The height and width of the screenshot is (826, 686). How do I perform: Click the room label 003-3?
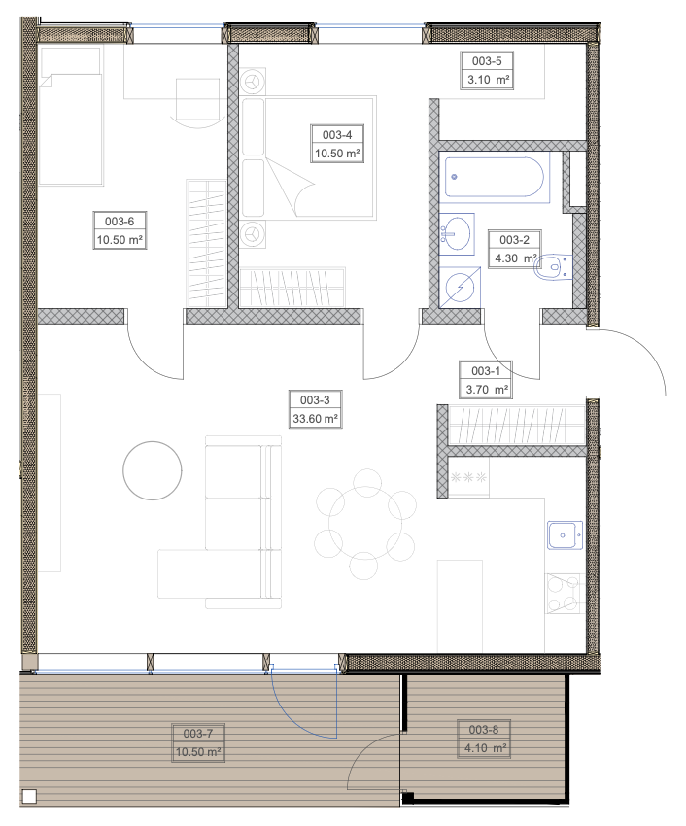(x=315, y=400)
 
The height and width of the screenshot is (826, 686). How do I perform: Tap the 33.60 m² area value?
(x=315, y=419)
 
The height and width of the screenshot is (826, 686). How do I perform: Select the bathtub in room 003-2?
(x=494, y=177)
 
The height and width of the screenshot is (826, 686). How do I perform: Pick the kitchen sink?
(x=565, y=535)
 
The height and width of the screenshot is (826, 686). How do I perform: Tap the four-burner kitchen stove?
(x=565, y=594)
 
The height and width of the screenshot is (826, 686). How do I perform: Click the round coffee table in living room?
(x=153, y=470)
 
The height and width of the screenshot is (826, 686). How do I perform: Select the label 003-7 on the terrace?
(x=197, y=734)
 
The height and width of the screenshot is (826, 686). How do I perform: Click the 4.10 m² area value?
(x=485, y=748)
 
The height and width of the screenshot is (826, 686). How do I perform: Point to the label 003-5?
(x=487, y=61)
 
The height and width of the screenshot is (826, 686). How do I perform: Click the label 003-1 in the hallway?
(x=486, y=371)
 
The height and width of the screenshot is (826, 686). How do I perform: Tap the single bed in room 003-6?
(x=70, y=117)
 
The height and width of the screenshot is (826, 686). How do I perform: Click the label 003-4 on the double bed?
(x=337, y=135)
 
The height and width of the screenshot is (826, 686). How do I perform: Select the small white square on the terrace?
(x=29, y=796)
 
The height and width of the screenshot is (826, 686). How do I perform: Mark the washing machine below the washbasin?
(x=460, y=287)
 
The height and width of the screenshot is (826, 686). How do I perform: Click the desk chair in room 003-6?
(x=196, y=103)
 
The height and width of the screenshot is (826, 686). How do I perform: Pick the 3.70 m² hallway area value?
(x=487, y=390)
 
